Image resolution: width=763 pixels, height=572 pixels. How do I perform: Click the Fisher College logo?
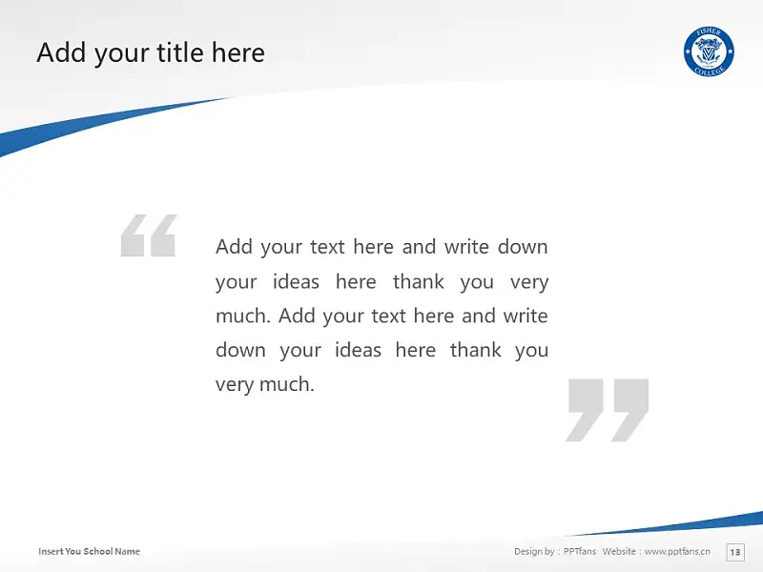click(709, 51)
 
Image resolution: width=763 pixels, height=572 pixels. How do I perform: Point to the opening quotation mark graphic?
click(149, 235)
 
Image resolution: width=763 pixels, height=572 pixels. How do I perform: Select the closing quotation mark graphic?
click(607, 410)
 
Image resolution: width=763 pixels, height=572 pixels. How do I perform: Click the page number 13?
click(734, 552)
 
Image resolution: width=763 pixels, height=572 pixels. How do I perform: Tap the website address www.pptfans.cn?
click(677, 551)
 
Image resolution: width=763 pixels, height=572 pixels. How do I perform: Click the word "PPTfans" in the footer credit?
click(580, 551)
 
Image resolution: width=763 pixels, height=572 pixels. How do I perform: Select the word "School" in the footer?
click(98, 551)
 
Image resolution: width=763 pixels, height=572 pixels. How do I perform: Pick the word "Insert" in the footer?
click(51, 551)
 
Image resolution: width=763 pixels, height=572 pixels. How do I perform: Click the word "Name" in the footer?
click(128, 551)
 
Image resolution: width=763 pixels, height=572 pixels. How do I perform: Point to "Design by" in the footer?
click(534, 552)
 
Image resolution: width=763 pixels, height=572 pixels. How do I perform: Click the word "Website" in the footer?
click(619, 551)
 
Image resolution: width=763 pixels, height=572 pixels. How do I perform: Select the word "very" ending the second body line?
click(529, 282)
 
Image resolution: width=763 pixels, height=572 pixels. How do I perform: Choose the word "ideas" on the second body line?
click(296, 281)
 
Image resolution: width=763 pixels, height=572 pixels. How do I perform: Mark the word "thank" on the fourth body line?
click(475, 350)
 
